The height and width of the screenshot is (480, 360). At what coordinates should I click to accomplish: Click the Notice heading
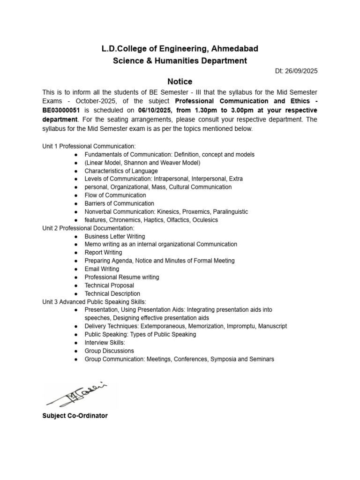tap(180, 82)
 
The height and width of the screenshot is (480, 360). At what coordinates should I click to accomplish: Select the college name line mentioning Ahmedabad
tap(180, 49)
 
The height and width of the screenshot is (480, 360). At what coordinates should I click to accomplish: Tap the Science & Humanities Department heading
tap(180, 60)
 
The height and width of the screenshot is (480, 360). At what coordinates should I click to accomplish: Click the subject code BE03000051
tap(61, 110)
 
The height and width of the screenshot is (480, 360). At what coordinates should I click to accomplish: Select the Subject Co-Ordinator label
tap(75, 416)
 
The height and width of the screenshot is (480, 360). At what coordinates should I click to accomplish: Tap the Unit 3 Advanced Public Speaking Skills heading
tap(94, 301)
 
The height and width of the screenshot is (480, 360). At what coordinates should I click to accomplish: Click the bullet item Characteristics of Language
tap(121, 171)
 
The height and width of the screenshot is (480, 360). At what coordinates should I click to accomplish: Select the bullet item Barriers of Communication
tap(119, 203)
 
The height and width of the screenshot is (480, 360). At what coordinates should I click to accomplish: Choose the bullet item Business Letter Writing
tap(115, 236)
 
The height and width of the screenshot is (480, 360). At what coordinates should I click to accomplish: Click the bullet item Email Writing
tap(102, 269)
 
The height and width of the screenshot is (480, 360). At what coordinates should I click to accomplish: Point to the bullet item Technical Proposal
tap(109, 285)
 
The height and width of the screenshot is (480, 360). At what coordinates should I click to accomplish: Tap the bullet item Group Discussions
tap(109, 351)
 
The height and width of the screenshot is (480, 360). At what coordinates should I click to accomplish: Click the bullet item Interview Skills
tap(105, 343)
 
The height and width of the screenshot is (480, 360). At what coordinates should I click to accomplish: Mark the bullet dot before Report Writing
tap(75, 253)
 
